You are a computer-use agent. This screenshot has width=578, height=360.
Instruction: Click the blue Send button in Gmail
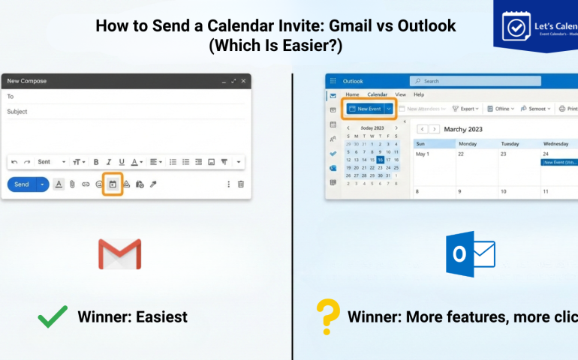22,184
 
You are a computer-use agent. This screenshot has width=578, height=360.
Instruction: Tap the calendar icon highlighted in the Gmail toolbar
113,184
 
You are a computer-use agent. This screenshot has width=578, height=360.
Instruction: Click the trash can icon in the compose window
241,184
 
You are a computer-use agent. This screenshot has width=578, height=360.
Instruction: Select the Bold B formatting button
96,162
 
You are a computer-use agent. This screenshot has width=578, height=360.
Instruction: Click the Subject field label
17,112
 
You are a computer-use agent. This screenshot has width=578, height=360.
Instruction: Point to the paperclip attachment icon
72,184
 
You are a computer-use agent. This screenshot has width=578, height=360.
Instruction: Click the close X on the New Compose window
243,81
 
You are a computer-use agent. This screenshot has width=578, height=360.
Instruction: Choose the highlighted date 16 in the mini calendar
381,160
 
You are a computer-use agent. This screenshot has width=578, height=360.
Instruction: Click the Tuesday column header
510,143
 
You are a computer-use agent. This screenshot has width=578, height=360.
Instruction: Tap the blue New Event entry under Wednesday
558,162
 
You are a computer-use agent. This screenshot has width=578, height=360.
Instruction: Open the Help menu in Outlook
419,94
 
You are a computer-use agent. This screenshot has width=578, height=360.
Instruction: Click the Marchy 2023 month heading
463,129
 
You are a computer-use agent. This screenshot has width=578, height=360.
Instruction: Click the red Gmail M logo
119,254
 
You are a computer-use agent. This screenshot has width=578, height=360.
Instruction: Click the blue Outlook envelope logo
470,254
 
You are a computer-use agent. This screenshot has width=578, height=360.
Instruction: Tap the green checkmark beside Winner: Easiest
53,317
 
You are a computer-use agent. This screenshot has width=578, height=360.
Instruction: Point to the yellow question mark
327,316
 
